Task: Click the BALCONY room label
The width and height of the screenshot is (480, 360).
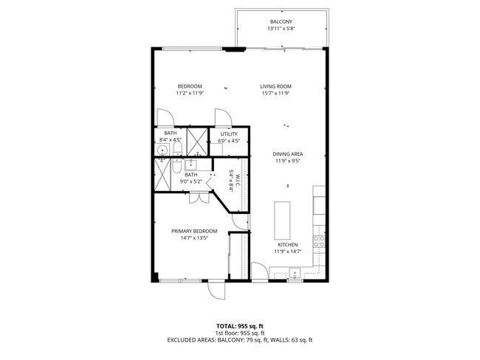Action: click(x=281, y=22)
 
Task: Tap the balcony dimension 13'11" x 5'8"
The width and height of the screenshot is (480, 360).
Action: click(x=281, y=30)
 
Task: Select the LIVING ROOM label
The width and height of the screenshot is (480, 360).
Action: click(x=276, y=86)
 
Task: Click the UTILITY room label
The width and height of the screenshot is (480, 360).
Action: click(x=229, y=134)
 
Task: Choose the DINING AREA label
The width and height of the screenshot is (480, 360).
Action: click(x=289, y=153)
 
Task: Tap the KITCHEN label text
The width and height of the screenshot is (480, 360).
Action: click(x=287, y=244)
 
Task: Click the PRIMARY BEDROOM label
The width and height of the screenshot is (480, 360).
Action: click(x=189, y=231)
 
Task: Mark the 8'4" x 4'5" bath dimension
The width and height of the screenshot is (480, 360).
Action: click(x=171, y=140)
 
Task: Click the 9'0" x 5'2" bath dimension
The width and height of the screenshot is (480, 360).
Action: click(x=191, y=181)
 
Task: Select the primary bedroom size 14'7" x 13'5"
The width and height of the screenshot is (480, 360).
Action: click(x=189, y=238)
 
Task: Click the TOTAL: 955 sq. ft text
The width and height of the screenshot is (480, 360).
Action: click(x=240, y=325)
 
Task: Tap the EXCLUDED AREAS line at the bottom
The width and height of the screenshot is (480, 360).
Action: click(x=240, y=340)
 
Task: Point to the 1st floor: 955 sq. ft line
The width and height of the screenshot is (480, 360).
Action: click(x=240, y=333)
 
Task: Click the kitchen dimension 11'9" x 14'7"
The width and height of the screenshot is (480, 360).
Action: click(x=287, y=252)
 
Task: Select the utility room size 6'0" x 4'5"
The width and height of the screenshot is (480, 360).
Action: click(x=229, y=140)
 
